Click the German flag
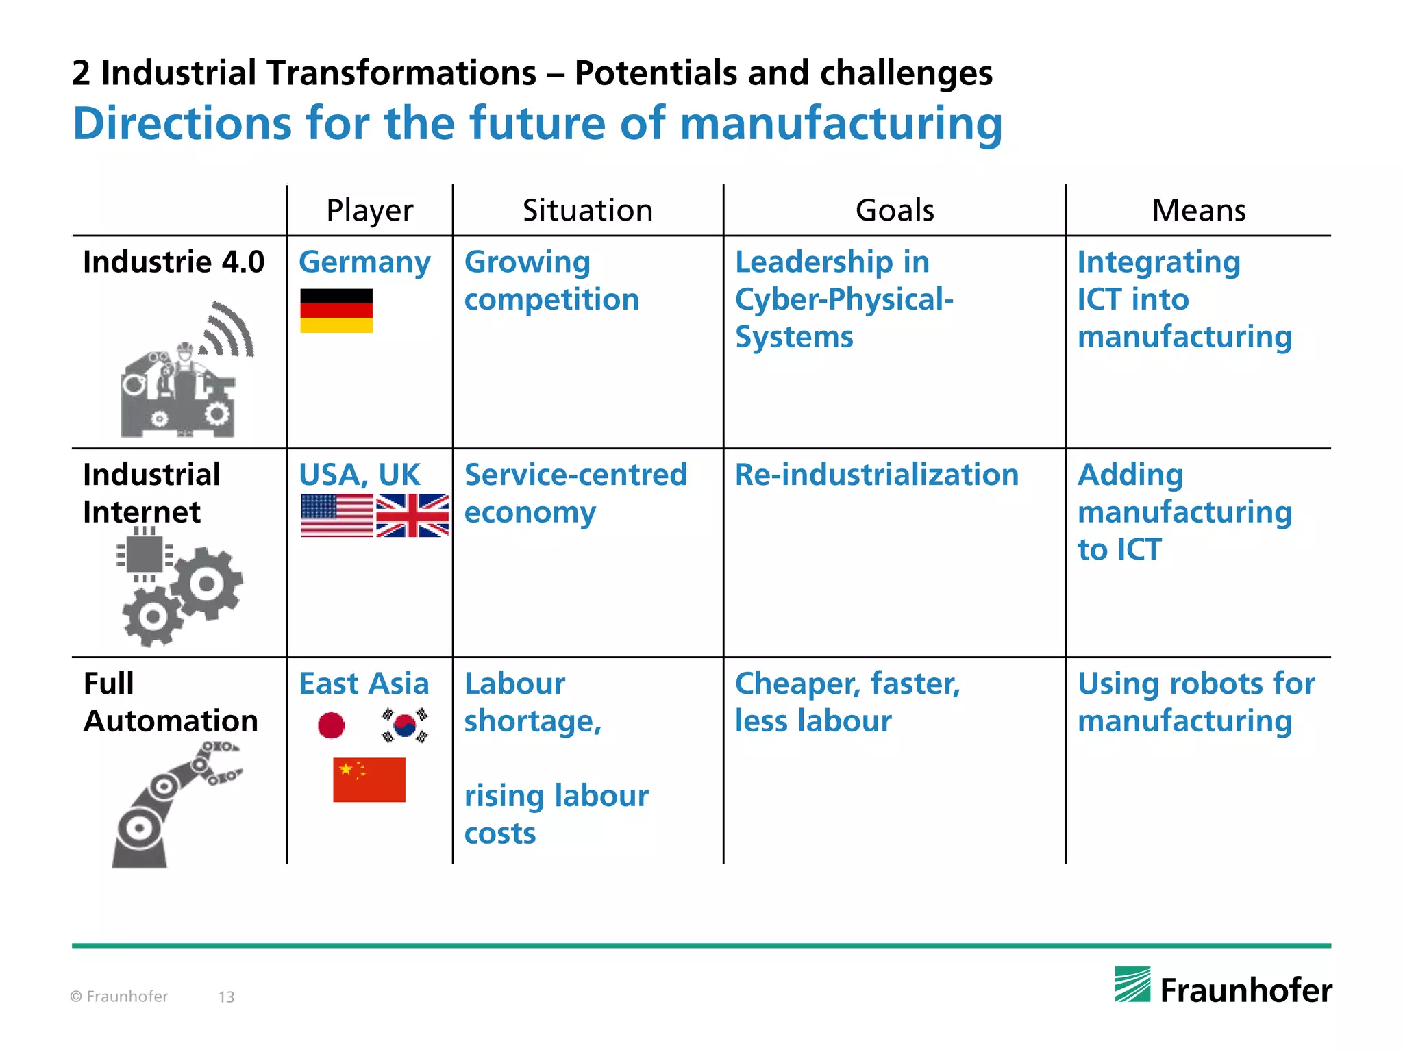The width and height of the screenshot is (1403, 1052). [x=336, y=310]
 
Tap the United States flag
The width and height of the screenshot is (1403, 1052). [x=337, y=515]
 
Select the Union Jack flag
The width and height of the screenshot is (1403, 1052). [x=412, y=515]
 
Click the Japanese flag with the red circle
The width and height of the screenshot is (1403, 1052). [x=332, y=725]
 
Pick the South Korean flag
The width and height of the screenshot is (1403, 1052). [x=405, y=725]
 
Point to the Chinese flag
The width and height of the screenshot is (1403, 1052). [x=369, y=779]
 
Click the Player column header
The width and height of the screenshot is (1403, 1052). [x=370, y=210]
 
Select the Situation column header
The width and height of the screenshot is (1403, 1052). [x=588, y=210]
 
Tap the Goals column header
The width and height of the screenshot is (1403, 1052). [x=895, y=210]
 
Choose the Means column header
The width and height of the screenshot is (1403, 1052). [x=1199, y=210]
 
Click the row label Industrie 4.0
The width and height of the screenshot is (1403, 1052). [x=174, y=262]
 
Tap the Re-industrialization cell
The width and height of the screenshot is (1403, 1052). [x=877, y=475]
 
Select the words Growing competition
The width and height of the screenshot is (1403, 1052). [x=551, y=281]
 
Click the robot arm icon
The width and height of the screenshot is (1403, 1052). [x=171, y=805]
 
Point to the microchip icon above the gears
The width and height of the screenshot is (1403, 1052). [x=145, y=553]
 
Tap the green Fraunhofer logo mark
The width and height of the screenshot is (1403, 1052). [x=1132, y=984]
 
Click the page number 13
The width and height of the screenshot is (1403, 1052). [x=226, y=997]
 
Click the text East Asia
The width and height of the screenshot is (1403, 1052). [x=364, y=684]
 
